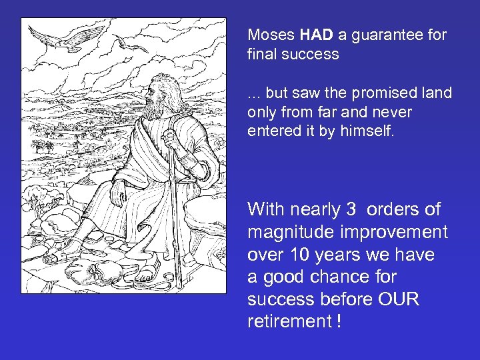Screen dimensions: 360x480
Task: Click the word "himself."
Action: click(x=369, y=131)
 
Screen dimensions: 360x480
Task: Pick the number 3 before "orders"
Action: click(x=351, y=209)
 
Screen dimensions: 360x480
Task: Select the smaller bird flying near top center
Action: click(x=133, y=45)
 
